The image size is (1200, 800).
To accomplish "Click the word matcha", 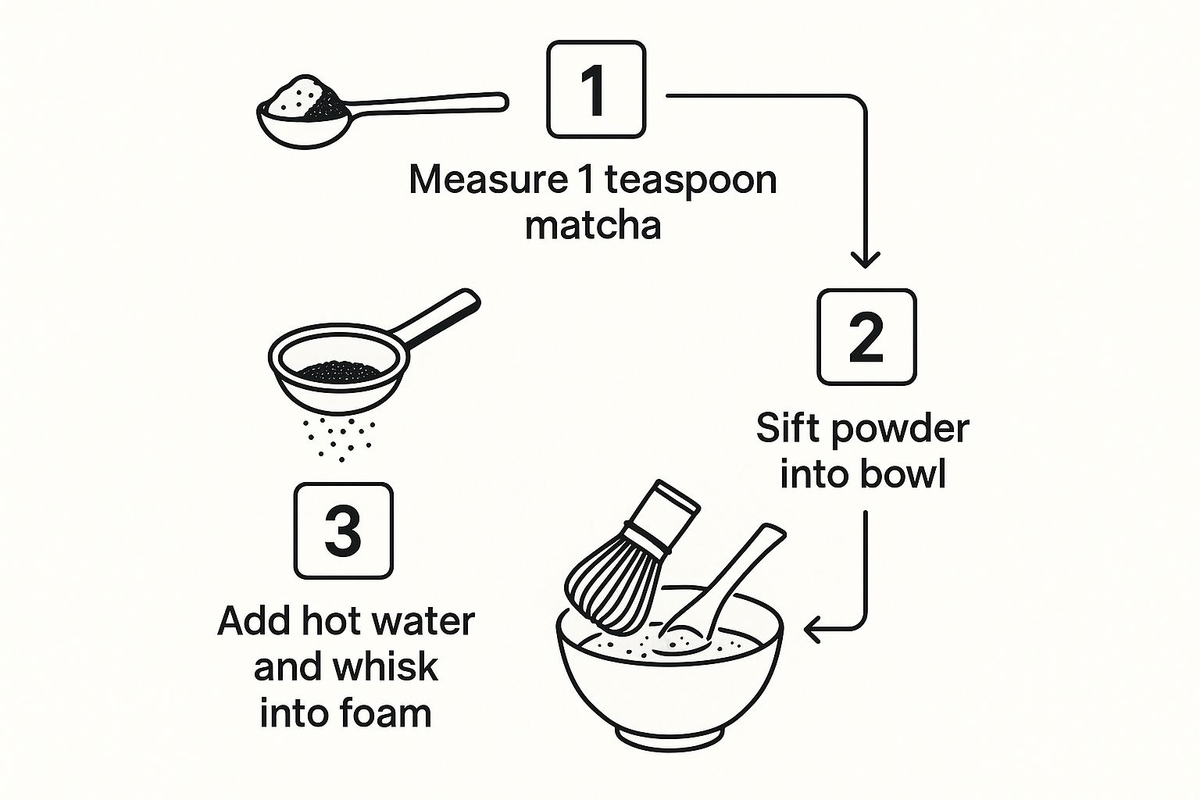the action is tap(593, 226).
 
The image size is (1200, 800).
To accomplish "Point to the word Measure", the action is tap(487, 180).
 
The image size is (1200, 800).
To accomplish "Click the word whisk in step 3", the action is tap(385, 666).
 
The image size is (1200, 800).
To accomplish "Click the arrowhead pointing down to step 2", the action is tap(865, 260).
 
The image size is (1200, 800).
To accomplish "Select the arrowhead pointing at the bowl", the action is tap(813, 629).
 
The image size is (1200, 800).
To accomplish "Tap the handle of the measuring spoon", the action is tap(429, 105).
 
